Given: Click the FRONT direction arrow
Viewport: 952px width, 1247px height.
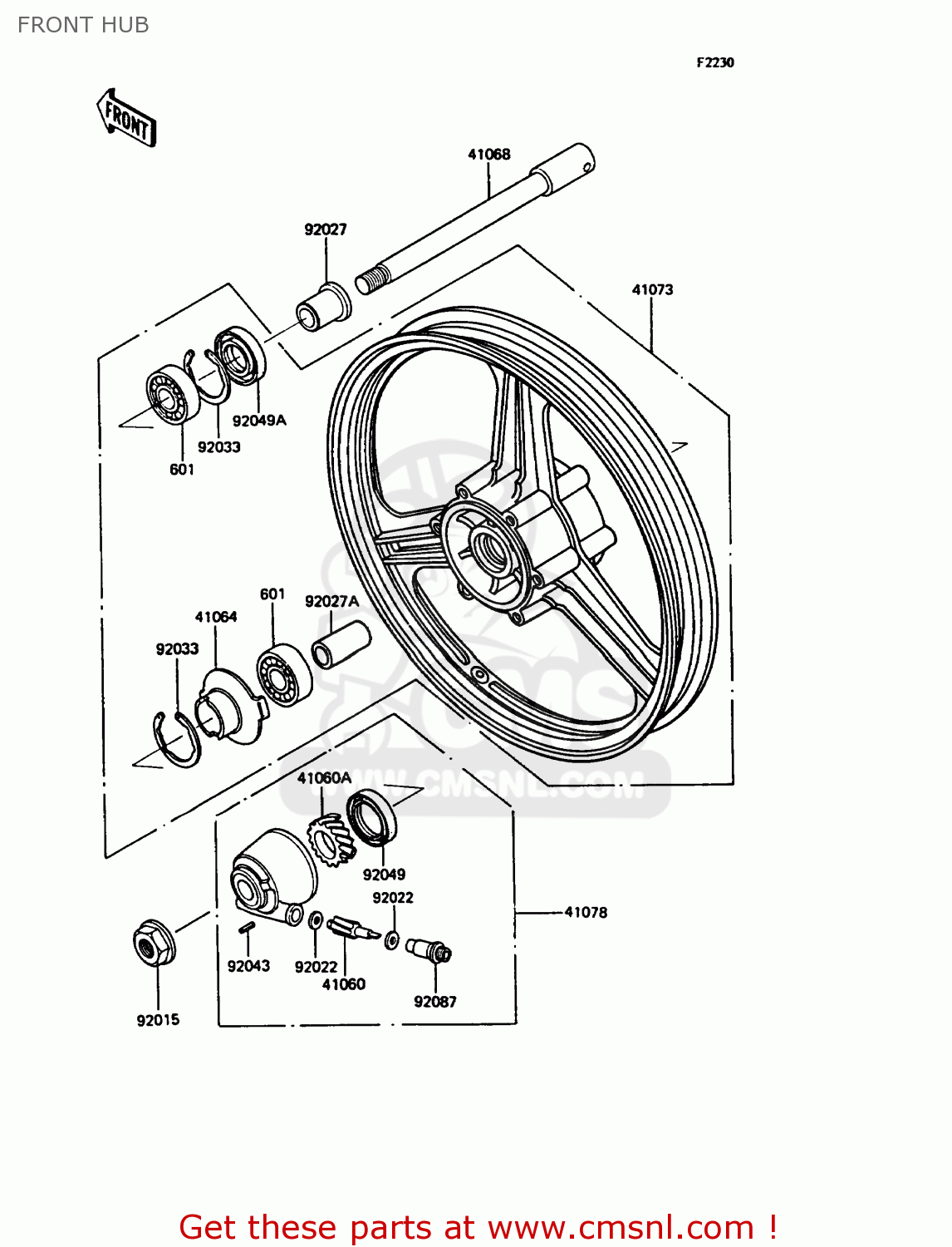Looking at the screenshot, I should coord(126,119).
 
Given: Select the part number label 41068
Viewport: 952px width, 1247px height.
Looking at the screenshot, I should coord(488,154).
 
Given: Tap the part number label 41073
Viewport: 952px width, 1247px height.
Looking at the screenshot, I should coord(652,289).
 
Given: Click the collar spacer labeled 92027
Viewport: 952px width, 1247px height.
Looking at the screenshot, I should coord(324,306).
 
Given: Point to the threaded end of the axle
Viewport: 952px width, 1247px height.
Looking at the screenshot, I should coord(373,278).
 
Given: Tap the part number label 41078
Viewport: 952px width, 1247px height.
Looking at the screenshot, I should coord(586,912).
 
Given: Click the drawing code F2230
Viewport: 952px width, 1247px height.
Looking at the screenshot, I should coord(714,62).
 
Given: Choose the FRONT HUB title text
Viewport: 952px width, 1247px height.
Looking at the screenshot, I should coord(83,25).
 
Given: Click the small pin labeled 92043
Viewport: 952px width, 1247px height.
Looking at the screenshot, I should coord(247,929).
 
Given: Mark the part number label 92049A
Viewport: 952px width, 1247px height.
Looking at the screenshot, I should coord(259,421).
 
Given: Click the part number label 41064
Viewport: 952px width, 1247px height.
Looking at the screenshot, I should coord(216,617).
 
